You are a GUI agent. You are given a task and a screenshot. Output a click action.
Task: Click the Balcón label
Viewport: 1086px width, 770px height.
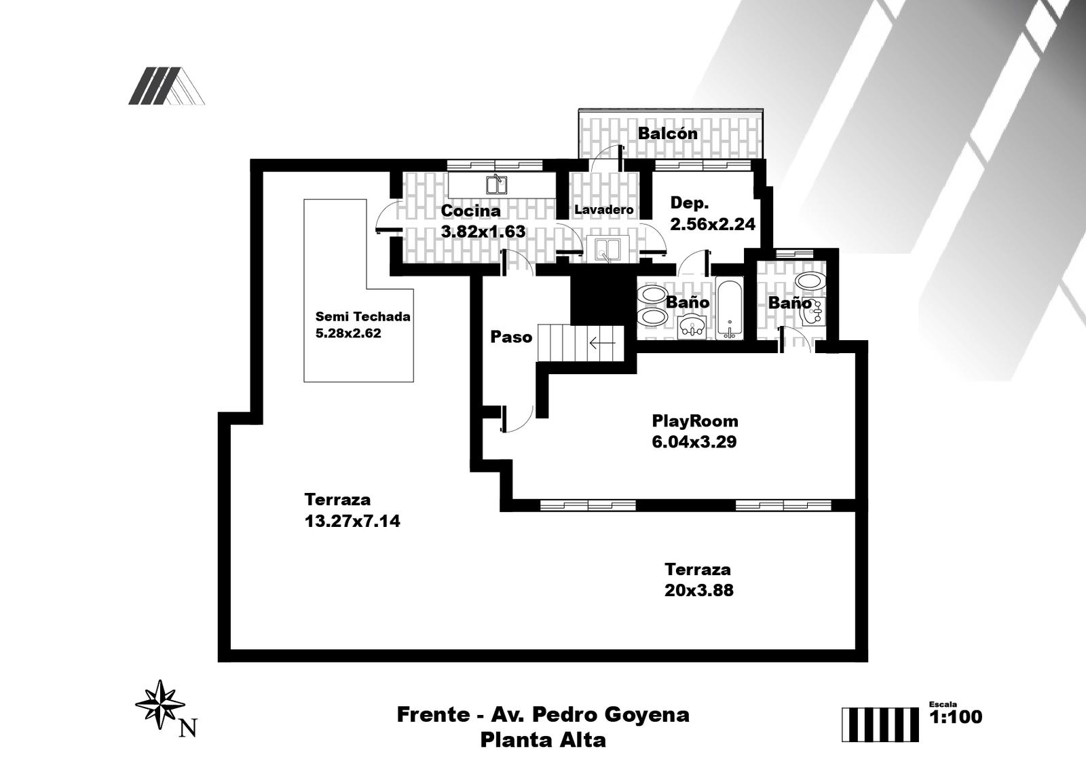[668, 133]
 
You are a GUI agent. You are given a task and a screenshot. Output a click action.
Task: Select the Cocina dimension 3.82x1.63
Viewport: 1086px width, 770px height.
[483, 232]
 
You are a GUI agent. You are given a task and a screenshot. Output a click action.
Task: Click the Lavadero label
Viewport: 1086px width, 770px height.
[603, 209]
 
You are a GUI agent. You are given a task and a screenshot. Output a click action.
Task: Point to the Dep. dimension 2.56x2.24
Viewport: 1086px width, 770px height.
[712, 224]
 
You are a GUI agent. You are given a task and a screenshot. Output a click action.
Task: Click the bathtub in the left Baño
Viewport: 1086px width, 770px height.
[729, 308]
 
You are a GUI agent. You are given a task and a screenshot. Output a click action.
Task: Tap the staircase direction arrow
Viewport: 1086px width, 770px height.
[602, 343]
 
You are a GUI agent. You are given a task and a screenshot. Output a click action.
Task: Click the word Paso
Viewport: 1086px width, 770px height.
[511, 337]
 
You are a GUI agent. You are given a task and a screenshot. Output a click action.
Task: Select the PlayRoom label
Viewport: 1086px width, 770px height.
[695, 421]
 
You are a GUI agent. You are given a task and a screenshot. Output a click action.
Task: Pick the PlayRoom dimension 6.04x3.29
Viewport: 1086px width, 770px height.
[694, 442]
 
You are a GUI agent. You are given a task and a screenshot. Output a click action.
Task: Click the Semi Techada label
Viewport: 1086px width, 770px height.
[362, 316]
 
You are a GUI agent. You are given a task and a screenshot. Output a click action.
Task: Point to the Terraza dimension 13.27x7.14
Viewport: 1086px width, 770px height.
[352, 521]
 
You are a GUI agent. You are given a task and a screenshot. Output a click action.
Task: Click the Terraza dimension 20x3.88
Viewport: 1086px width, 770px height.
[698, 591]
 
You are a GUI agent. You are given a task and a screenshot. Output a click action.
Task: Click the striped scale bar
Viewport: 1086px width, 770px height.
[880, 725]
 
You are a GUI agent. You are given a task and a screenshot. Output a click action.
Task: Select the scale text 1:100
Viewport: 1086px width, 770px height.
[956, 716]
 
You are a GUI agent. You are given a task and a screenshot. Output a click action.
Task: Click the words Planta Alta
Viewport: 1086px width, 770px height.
[543, 740]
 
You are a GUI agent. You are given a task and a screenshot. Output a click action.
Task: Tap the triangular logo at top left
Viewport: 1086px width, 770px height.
[166, 86]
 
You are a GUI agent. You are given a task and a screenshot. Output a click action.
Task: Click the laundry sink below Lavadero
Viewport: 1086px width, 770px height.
[607, 249]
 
